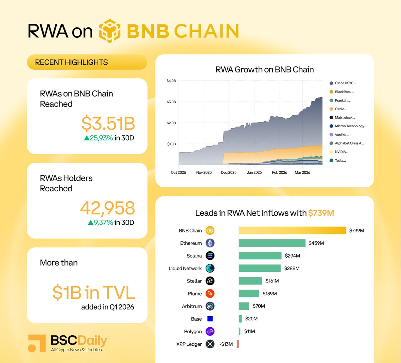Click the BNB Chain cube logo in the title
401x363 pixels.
(110, 31)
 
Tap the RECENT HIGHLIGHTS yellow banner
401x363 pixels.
(87, 62)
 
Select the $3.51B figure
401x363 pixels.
(108, 123)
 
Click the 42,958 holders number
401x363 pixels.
(107, 208)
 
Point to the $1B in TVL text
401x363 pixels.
(94, 293)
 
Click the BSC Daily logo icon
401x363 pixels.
(37, 343)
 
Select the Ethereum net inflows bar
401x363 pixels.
(272, 243)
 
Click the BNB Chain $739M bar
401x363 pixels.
(292, 230)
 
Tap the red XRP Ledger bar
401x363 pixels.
(238, 344)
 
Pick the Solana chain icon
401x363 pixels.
(210, 256)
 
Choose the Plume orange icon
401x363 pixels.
(210, 294)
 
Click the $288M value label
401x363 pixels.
(292, 268)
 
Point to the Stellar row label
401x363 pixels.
(194, 281)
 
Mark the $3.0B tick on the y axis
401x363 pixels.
(171, 102)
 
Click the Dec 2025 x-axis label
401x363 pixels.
(229, 172)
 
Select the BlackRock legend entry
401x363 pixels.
(344, 92)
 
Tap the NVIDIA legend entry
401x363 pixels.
(341, 152)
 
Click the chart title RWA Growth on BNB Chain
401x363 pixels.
(265, 69)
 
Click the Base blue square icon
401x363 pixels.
(210, 319)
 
